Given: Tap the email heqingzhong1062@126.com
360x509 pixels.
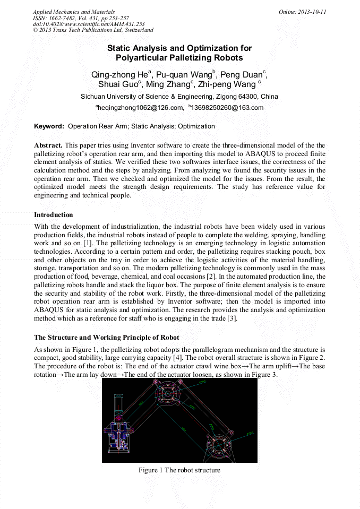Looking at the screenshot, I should (x=139, y=108).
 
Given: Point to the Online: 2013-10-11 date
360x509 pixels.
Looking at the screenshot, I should (x=302, y=12).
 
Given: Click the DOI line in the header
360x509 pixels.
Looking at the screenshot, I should (x=89, y=24).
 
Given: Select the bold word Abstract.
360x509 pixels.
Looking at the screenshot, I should (x=48, y=145).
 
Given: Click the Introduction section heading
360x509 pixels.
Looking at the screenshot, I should (x=54, y=215).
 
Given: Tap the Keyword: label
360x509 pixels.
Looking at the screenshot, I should (x=49, y=126).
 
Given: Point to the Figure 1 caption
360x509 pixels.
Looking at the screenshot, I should (x=179, y=470).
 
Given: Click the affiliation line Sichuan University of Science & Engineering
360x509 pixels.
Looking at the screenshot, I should (x=179, y=97).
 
